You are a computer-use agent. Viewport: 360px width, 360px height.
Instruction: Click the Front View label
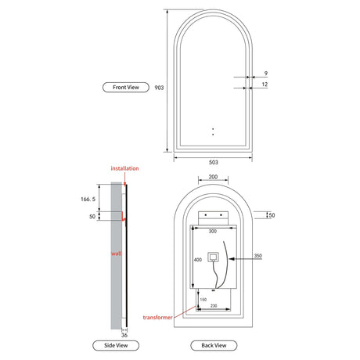(126, 88)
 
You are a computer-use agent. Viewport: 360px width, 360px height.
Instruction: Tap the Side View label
(116, 345)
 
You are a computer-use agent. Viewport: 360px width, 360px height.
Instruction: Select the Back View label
(214, 345)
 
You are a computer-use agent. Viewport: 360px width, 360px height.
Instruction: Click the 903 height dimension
(159, 88)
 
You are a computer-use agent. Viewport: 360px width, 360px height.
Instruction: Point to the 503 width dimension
(213, 162)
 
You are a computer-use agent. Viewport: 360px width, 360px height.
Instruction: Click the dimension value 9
(266, 74)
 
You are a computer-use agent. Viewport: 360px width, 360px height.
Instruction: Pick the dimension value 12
(265, 85)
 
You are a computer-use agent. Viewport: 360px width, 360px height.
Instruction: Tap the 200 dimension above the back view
(213, 177)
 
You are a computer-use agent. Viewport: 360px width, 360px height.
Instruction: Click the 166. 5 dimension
(88, 199)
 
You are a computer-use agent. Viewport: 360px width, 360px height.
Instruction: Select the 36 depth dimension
(124, 335)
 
